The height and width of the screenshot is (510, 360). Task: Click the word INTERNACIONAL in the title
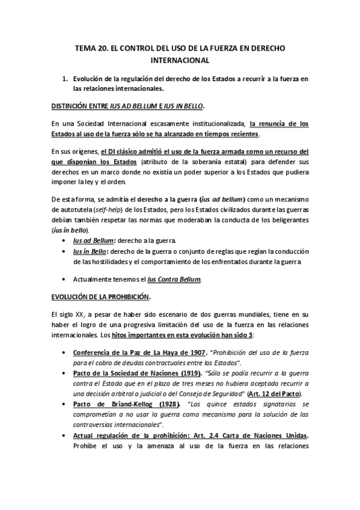pyautogui.click(x=180, y=60)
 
